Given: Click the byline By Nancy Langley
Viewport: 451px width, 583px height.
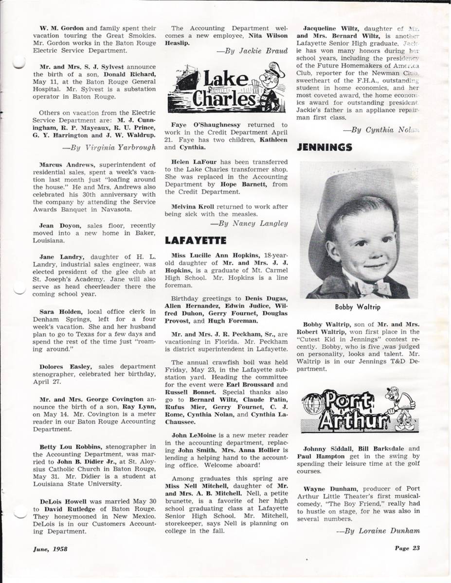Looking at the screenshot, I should (249, 223).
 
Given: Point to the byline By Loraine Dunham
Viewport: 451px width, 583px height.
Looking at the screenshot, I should (378, 531).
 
